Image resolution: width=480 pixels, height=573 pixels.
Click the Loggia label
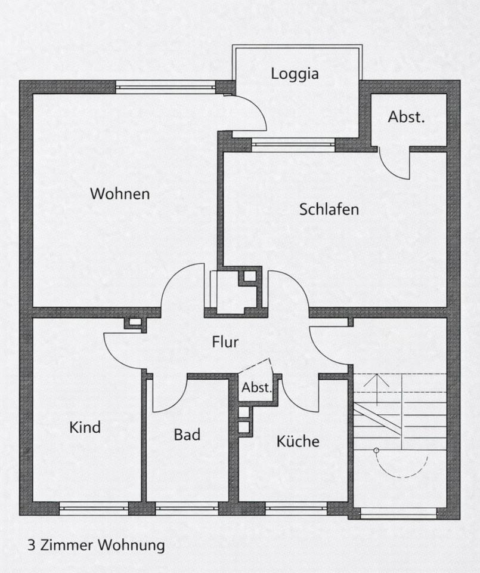pos(295,74)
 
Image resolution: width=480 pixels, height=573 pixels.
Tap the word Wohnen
pos(120,194)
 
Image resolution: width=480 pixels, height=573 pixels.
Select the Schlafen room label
pos(329,210)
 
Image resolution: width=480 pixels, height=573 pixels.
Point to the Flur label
pos(225,342)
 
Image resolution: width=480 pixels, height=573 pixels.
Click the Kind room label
pos(85,427)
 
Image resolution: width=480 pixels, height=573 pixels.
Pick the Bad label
pos(187,435)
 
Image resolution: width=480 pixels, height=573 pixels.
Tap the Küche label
pos(298,441)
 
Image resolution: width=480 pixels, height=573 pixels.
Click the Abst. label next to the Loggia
pos(407,117)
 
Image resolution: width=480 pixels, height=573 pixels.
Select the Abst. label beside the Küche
pos(256,387)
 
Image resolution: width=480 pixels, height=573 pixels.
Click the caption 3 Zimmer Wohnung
pos(96,545)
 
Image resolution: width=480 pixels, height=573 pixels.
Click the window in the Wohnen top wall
pos(165,88)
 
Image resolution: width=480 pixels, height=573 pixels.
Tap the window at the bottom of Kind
pos(94,509)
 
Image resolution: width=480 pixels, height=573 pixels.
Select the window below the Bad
pos(187,509)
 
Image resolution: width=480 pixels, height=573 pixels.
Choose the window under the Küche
pos(296,509)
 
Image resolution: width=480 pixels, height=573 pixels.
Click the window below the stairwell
pos(399,512)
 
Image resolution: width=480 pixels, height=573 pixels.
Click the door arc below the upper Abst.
pos(397,167)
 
